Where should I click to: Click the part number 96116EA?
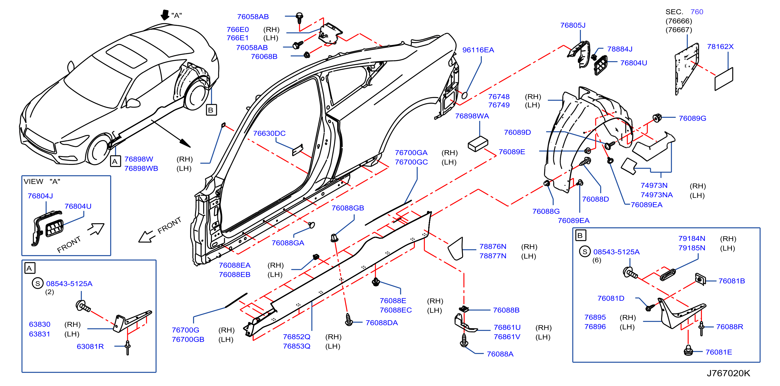tap(478, 50)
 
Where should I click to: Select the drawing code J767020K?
tap(728, 373)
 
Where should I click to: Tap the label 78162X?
tap(720, 47)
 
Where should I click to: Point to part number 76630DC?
tap(269, 133)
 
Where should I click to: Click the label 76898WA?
tap(472, 116)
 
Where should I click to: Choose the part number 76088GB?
tap(348, 208)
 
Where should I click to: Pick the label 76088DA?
tap(381, 323)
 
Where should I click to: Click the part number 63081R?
tap(90, 346)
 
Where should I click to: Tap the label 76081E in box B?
tap(719, 352)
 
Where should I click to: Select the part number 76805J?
tap(573, 25)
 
